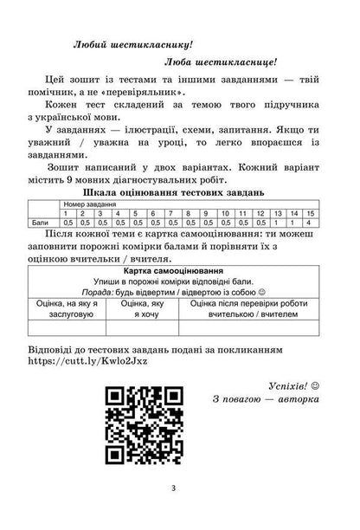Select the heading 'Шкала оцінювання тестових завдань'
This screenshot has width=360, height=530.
[x=179, y=190]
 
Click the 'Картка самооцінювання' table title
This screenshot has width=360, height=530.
[x=179, y=271]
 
